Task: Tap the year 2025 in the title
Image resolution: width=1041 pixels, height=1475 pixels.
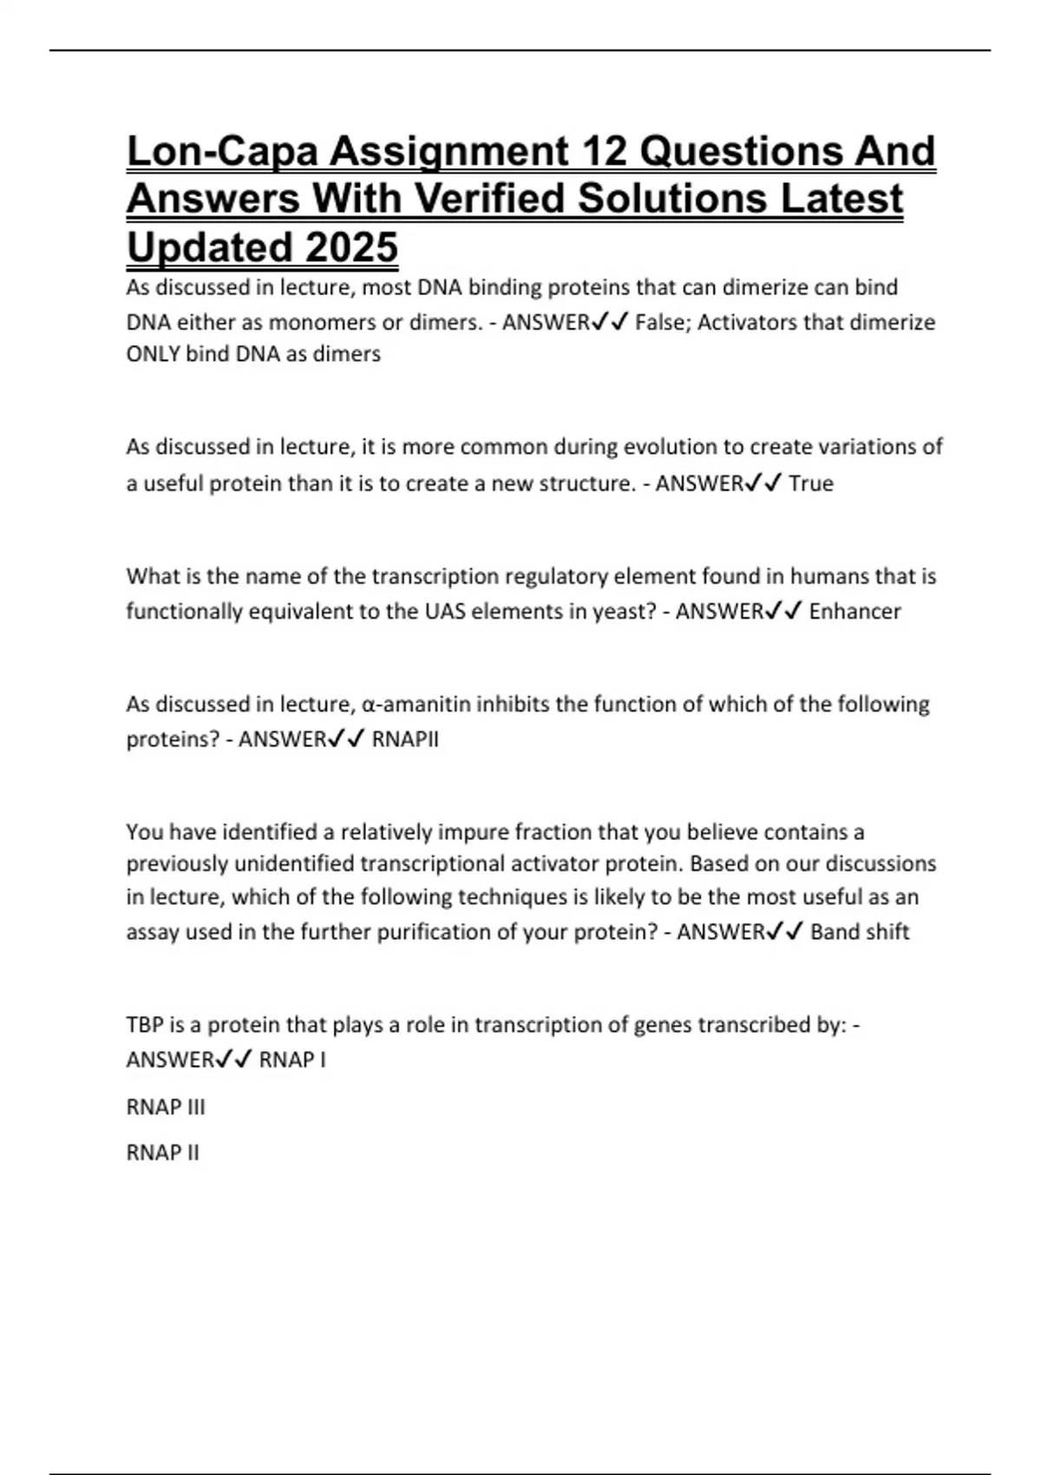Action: pos(351,247)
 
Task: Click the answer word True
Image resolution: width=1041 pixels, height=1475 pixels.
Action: pos(810,483)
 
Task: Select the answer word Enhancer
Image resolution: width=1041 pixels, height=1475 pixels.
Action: pos(854,612)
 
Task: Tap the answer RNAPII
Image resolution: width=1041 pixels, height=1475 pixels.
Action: pos(405,739)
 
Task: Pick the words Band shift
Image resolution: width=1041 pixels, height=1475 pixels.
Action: pos(860,932)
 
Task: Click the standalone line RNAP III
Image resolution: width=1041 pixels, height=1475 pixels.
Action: pos(166,1107)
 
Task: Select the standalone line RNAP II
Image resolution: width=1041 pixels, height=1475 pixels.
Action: pos(162,1153)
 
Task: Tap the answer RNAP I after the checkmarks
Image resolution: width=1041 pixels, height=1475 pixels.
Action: pos(292,1060)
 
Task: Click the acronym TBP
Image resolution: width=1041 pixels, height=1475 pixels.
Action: pos(145,1025)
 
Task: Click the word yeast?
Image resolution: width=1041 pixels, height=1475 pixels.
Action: pos(624,612)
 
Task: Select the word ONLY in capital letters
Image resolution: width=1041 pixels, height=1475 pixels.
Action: pos(153,354)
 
